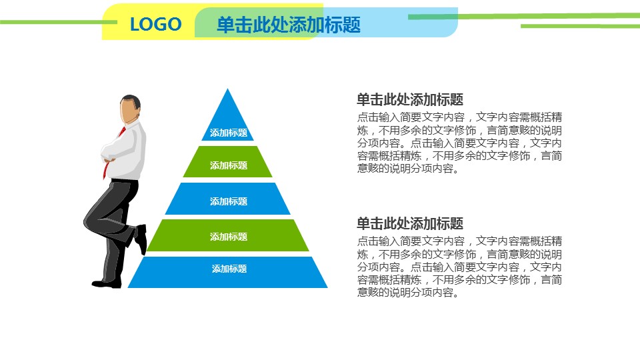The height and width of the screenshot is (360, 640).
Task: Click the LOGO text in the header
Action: click(x=155, y=24)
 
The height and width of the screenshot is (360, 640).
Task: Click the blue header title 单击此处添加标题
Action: click(x=288, y=25)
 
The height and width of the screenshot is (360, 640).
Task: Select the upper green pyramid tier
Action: click(x=228, y=161)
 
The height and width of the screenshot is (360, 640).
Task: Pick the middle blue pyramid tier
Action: click(x=228, y=199)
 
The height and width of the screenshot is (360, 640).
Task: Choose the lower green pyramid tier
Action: click(x=228, y=235)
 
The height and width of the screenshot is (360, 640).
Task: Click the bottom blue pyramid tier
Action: click(x=228, y=272)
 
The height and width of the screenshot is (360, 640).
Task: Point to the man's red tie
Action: click(x=113, y=153)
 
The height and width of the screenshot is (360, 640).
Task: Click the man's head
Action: click(x=130, y=109)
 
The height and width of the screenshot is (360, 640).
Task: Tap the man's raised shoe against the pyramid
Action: click(x=141, y=239)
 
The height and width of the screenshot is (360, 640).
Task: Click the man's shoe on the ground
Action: click(x=107, y=284)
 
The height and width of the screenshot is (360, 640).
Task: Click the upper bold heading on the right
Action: click(x=410, y=99)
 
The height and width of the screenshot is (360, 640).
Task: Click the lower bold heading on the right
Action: click(x=410, y=224)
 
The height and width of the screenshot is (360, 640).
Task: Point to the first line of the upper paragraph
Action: click(x=459, y=117)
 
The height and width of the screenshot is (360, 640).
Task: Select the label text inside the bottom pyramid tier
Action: click(x=229, y=269)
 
